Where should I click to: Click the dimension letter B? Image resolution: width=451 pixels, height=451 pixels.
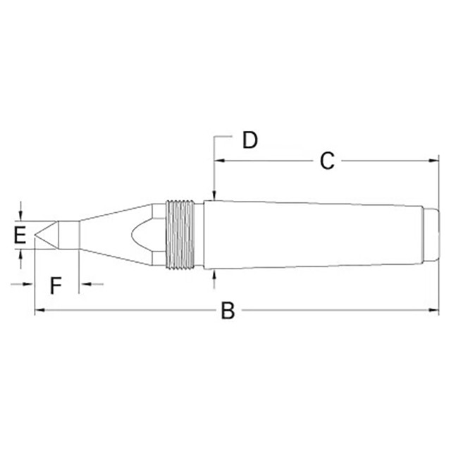(227, 311)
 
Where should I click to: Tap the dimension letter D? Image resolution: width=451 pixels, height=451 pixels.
(249, 140)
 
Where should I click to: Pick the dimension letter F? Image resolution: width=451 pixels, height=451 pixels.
(56, 285)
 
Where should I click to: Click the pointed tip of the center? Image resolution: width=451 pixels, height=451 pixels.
(36, 235)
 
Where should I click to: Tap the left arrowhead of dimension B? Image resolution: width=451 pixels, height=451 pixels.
(39, 311)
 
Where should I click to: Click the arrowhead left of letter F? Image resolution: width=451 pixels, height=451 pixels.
(30, 285)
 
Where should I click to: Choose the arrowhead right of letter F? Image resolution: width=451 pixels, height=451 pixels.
(83, 285)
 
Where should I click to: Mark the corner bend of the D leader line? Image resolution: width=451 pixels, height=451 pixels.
(214, 134)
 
